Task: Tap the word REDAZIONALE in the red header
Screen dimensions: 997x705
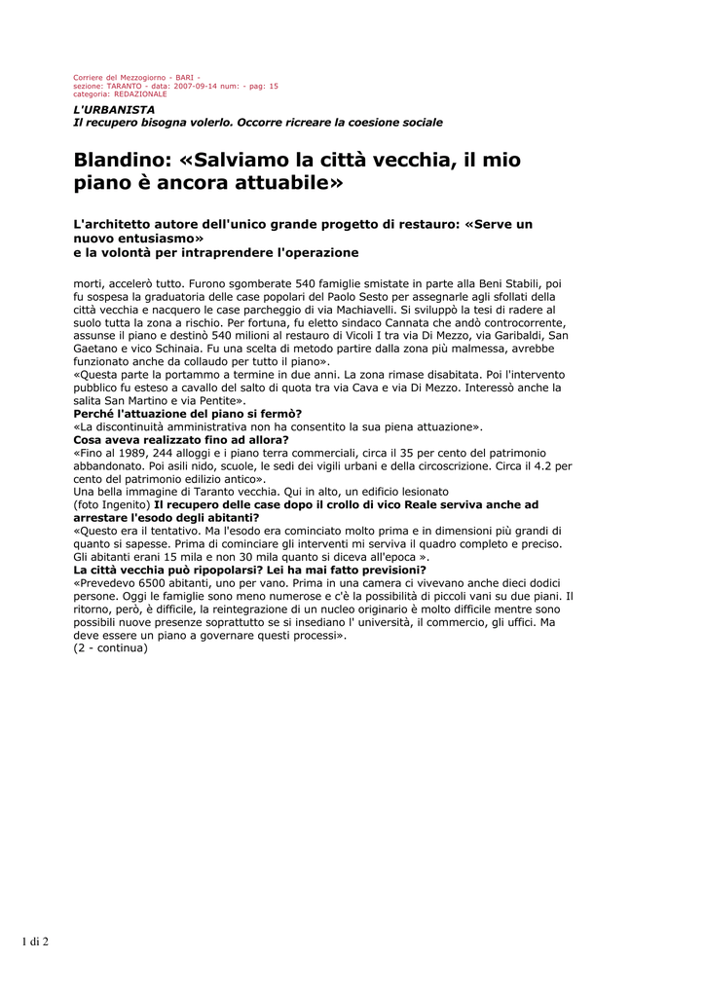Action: tap(140, 94)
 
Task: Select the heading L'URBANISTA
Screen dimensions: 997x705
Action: tap(115, 109)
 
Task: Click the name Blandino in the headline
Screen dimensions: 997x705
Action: tap(122, 160)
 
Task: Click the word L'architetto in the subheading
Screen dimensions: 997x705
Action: tap(115, 224)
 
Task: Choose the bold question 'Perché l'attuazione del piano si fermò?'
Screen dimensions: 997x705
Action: tap(188, 414)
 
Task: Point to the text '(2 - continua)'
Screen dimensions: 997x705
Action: tap(111, 647)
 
